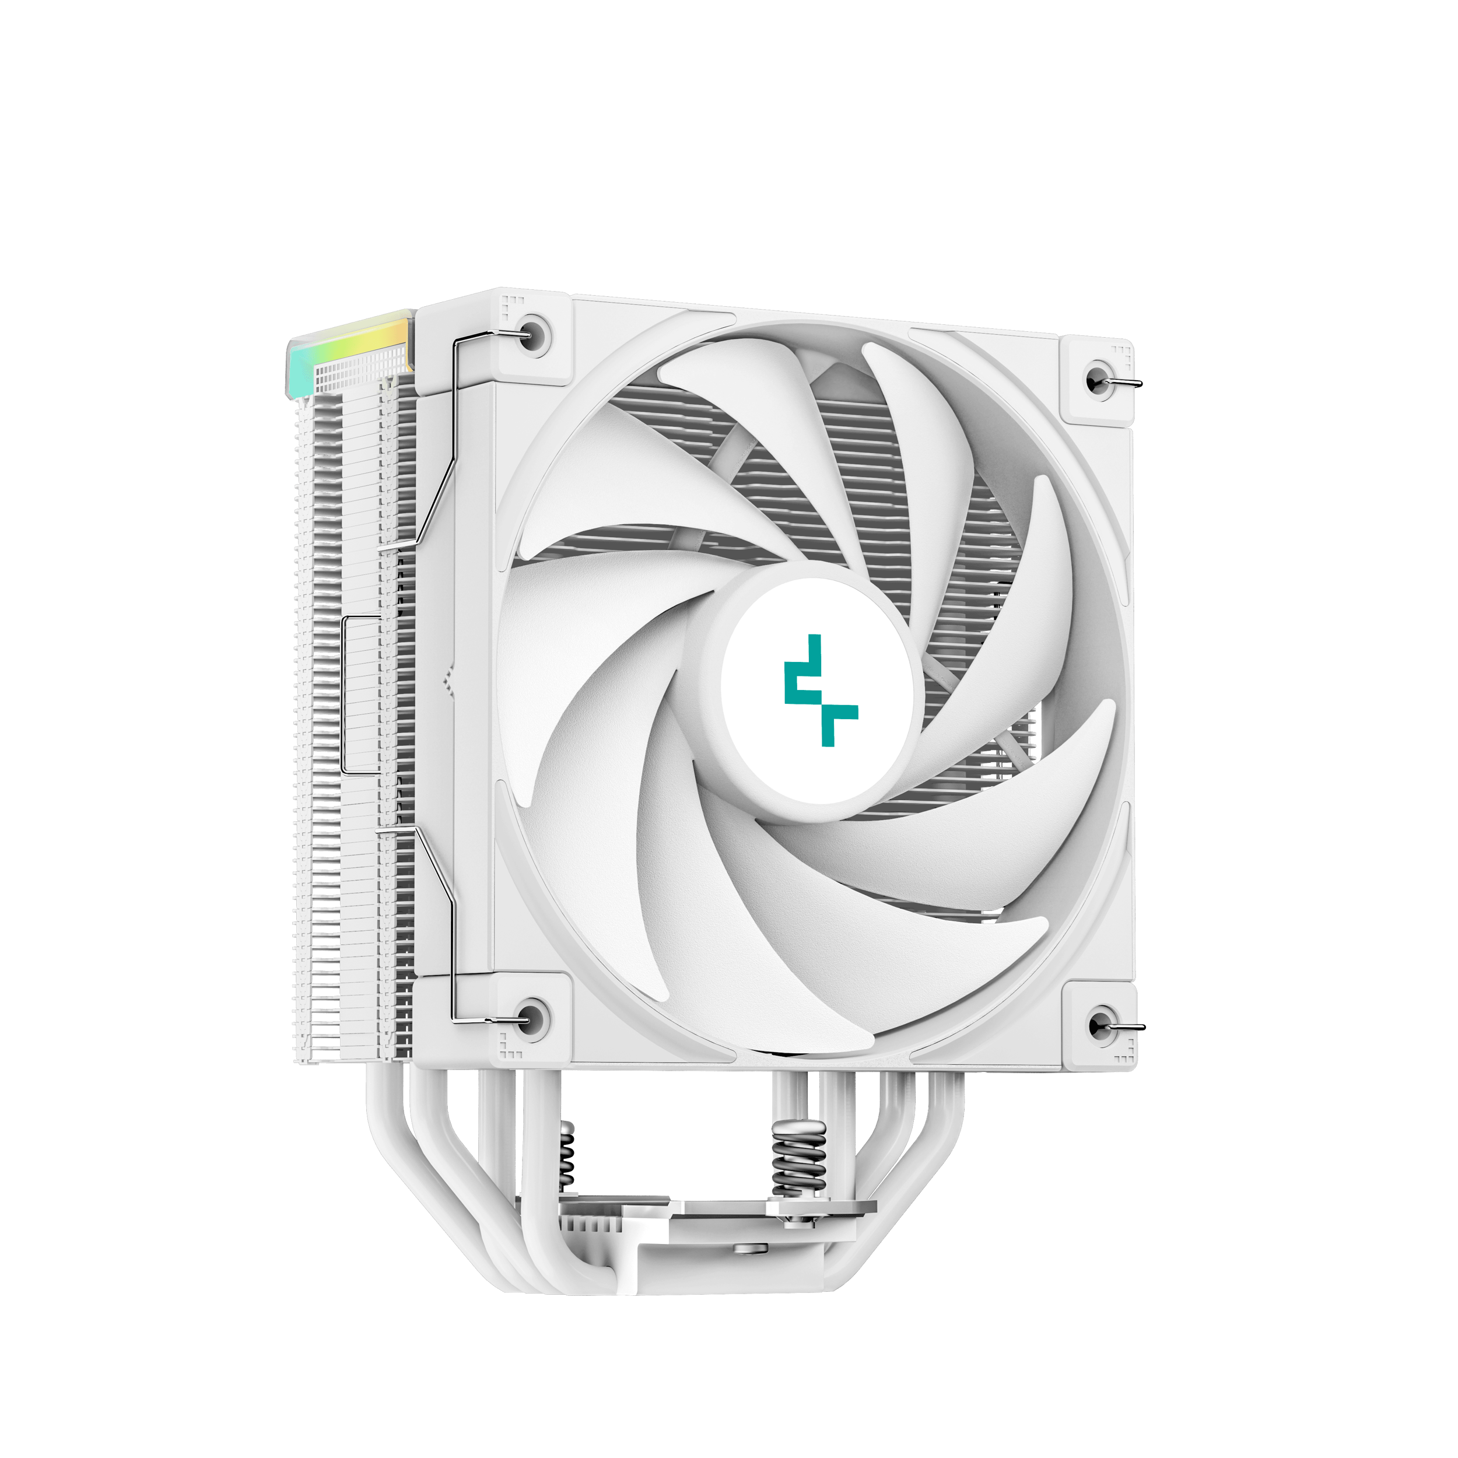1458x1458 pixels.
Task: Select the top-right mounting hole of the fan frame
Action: (x=1096, y=380)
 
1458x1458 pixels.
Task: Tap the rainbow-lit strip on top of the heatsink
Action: (x=349, y=348)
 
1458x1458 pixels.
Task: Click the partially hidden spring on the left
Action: (x=566, y=1155)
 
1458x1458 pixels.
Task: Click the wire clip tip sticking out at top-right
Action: (x=1129, y=383)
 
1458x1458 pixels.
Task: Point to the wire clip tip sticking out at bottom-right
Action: (x=1132, y=1028)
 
